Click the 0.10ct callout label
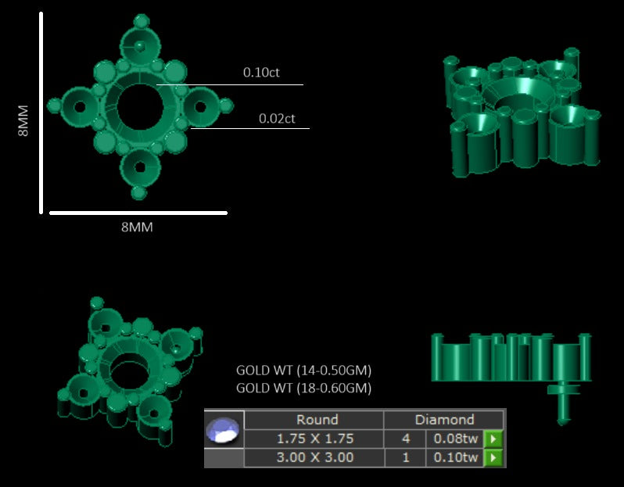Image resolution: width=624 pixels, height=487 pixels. (261, 73)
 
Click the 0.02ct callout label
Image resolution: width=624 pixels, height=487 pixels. (277, 119)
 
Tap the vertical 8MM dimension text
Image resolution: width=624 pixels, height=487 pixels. (23, 120)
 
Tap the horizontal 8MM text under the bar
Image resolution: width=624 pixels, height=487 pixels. (137, 227)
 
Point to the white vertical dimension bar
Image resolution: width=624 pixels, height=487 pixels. (41, 113)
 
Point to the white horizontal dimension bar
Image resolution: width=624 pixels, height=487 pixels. (138, 213)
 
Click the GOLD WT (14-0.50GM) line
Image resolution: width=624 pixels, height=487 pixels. (303, 371)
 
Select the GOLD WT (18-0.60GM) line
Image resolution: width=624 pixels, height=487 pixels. (303, 388)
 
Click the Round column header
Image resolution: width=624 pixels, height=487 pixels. (317, 420)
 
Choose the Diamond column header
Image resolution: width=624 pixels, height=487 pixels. (444, 420)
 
